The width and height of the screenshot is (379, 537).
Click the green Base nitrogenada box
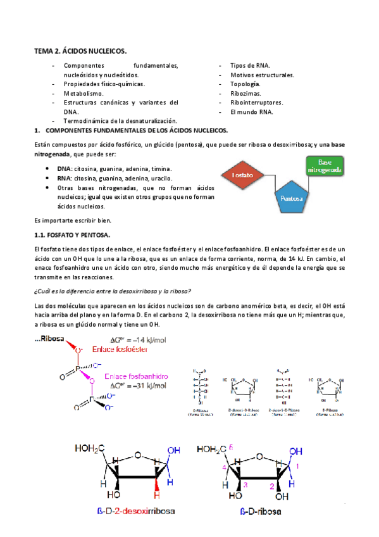pos(325,166)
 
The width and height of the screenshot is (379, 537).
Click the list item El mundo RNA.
pos(252,111)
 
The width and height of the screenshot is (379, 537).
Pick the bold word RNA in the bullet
pos(63,179)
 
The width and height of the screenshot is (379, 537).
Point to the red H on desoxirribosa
pos(169,482)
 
